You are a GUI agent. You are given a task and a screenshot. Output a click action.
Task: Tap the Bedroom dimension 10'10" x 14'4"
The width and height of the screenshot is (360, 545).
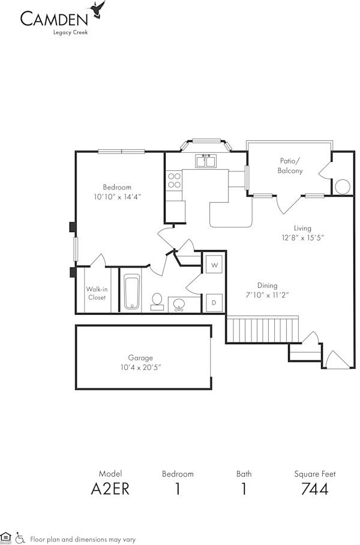pyautogui.click(x=117, y=197)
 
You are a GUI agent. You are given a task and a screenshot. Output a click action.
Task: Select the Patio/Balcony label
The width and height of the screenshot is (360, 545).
pyautogui.click(x=290, y=165)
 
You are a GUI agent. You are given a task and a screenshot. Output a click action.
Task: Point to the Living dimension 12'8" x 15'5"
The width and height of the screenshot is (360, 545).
pyautogui.click(x=302, y=237)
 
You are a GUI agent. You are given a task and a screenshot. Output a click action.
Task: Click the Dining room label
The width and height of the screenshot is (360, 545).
pyautogui.click(x=267, y=285)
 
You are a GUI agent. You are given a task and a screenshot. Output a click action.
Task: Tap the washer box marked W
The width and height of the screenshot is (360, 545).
pyautogui.click(x=214, y=264)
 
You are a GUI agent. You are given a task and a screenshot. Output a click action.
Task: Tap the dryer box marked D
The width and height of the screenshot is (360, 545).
pyautogui.click(x=214, y=303)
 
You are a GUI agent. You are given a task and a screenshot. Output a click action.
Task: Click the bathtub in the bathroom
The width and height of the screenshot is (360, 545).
pyautogui.click(x=132, y=292)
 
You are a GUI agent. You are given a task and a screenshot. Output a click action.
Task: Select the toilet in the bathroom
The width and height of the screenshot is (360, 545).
pyautogui.click(x=157, y=300)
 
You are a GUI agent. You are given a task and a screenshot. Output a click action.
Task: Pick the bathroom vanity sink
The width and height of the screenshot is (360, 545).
pyautogui.click(x=178, y=305)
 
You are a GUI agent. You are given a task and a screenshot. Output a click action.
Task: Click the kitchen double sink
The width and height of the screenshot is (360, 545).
pyautogui.click(x=206, y=161)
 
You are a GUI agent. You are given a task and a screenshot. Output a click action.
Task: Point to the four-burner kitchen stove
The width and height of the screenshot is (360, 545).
pyautogui.click(x=175, y=181)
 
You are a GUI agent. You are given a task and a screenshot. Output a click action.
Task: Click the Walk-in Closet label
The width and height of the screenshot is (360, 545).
pyautogui.click(x=97, y=293)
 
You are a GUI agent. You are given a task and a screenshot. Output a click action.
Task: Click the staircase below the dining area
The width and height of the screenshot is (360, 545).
pyautogui.click(x=262, y=329)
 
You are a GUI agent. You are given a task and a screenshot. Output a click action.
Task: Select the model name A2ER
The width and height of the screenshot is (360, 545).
pyautogui.click(x=110, y=489)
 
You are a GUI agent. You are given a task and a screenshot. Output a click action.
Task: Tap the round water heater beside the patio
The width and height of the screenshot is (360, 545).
pyautogui.click(x=343, y=186)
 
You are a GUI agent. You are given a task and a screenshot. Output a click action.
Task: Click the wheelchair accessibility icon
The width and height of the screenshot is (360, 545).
pyautogui.click(x=20, y=537)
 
